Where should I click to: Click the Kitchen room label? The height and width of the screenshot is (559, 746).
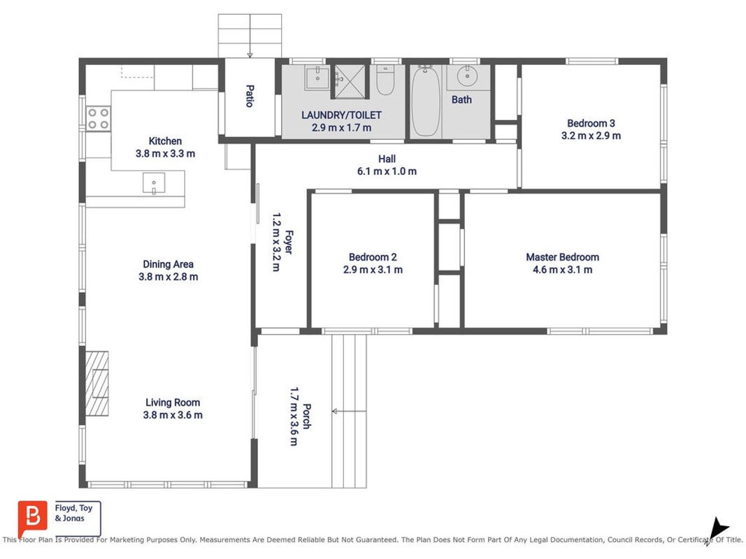coord(165,141)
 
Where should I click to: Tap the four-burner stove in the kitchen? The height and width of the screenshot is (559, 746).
coord(99,119)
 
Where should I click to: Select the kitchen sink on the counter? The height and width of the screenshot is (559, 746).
coord(154,184)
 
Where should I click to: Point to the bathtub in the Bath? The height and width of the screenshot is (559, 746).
coord(425,101)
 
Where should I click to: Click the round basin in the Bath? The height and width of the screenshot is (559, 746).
coord(467,76)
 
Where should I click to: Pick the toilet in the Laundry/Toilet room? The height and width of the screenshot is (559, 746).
coord(385,80)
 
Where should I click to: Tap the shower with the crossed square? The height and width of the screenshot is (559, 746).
coord(350,81)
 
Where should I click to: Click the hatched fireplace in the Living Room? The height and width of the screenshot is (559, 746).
coord(97,383)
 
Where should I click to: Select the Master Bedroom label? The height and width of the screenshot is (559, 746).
coord(562,257)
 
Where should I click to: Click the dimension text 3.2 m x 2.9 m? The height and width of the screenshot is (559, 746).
coord(591,136)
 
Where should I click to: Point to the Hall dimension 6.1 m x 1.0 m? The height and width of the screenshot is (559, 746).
coord(387,171)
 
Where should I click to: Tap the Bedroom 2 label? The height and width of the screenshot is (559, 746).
coord(373,257)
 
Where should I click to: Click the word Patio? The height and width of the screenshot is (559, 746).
coord(250,96)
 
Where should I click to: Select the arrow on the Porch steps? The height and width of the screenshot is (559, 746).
coord(349,411)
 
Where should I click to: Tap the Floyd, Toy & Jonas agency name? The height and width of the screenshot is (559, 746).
coord(73,513)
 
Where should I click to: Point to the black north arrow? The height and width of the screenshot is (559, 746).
coord(717,528)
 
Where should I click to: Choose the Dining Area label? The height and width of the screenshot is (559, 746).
coord(168,264)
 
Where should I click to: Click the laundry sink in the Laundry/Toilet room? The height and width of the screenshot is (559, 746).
coord(317,77)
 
